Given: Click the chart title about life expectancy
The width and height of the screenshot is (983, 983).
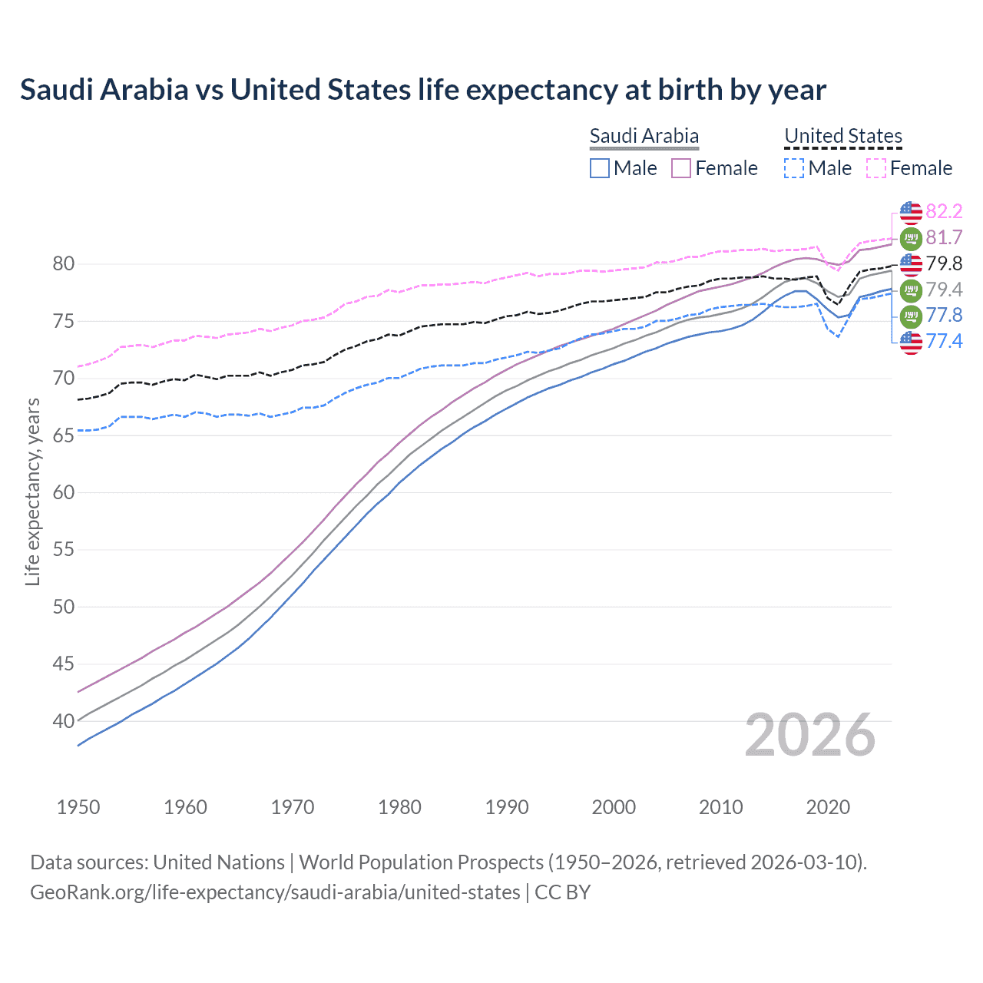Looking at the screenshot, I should pyautogui.click(x=422, y=90).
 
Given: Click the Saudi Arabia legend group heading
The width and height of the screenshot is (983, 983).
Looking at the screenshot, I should pyautogui.click(x=644, y=136).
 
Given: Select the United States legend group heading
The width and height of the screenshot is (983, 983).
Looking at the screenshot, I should pyautogui.click(x=842, y=136).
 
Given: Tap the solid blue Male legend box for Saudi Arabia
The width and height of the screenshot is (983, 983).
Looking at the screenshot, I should pyautogui.click(x=600, y=168).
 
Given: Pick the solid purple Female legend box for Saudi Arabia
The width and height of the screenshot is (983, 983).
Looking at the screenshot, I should pyautogui.click(x=681, y=168).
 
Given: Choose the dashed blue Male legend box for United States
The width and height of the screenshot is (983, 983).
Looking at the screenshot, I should pyautogui.click(x=795, y=168).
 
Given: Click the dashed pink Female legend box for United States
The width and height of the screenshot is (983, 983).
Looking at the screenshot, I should pyautogui.click(x=876, y=168).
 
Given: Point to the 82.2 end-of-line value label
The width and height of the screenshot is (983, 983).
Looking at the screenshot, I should pyautogui.click(x=944, y=211).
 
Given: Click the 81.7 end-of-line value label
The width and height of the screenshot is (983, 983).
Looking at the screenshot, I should pyautogui.click(x=944, y=237).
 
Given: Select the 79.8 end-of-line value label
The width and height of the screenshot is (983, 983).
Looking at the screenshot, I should pyautogui.click(x=944, y=263).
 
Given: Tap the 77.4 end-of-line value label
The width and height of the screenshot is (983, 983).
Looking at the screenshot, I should pyautogui.click(x=944, y=341).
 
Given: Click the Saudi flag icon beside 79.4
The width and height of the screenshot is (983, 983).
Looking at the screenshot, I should pyautogui.click(x=911, y=290).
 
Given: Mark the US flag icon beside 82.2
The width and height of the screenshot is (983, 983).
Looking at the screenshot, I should pyautogui.click(x=911, y=211).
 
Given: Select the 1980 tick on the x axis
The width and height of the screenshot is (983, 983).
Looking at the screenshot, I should pyautogui.click(x=399, y=807).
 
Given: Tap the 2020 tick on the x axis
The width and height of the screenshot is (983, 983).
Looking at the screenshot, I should pyautogui.click(x=828, y=807).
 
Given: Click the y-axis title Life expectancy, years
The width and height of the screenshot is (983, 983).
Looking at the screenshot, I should pyautogui.click(x=32, y=491).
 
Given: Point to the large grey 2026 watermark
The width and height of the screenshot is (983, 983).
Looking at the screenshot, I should pyautogui.click(x=809, y=735).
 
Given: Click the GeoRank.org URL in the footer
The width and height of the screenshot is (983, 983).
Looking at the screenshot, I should pyautogui.click(x=275, y=892).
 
